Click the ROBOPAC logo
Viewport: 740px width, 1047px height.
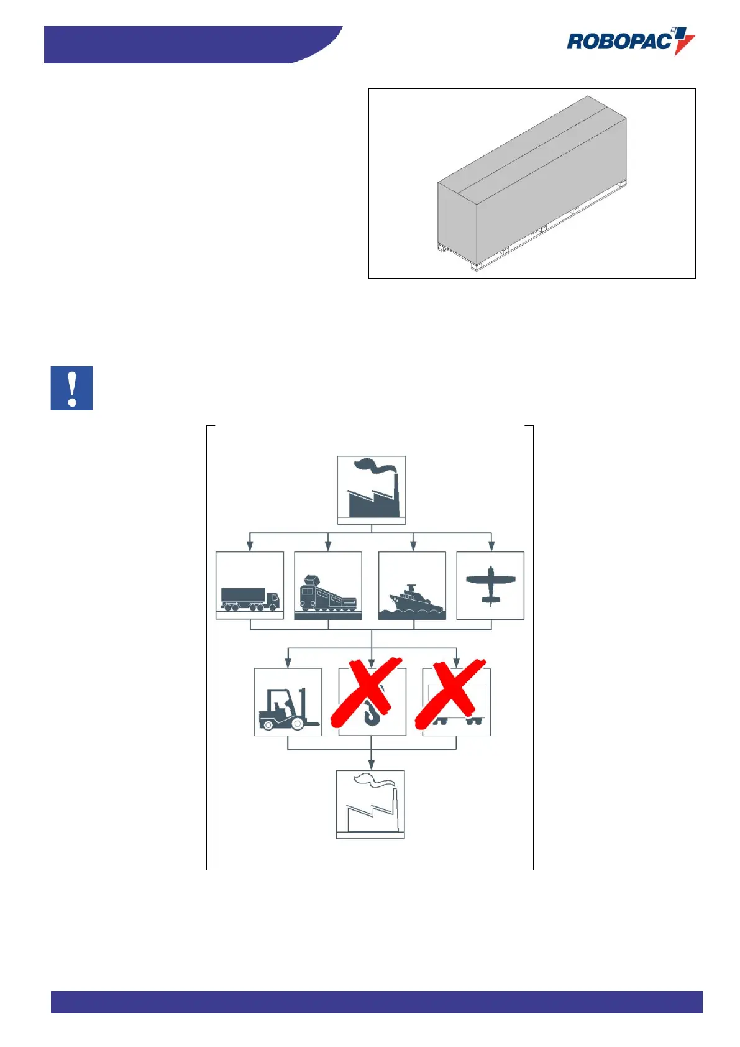[628, 42]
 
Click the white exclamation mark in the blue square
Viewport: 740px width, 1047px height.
[72, 388]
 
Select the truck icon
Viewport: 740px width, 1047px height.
[250, 599]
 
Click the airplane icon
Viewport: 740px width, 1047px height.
[490, 584]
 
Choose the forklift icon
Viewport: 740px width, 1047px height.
[287, 709]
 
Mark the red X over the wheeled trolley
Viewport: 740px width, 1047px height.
[450, 693]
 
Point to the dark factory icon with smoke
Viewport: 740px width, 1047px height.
[372, 489]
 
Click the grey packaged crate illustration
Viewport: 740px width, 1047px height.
[532, 183]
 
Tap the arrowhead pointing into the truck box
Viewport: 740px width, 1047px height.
[250, 546]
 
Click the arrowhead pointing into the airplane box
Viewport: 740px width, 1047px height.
[491, 546]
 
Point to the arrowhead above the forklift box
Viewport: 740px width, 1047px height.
[288, 663]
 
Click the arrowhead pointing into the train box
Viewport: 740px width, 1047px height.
[328, 546]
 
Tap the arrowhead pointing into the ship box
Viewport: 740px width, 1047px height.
[413, 546]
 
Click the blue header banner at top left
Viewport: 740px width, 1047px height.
[186, 44]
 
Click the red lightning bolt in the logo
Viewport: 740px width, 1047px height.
[683, 44]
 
